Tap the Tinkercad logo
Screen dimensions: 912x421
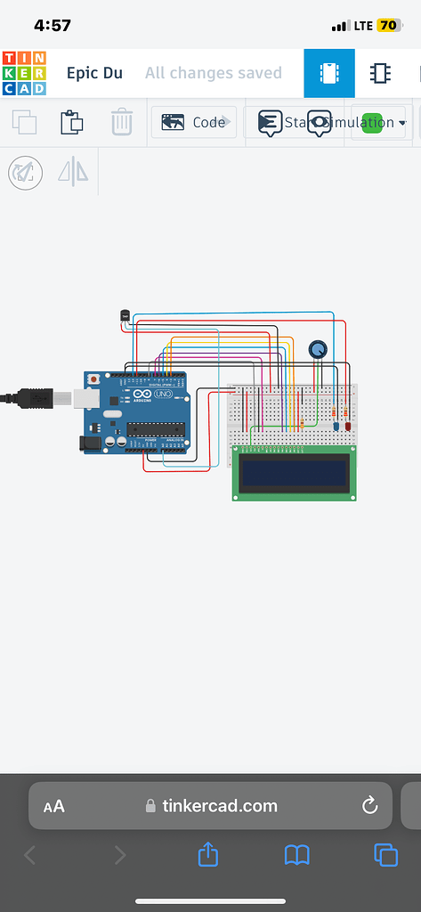point(24,73)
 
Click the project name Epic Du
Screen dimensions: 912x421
point(94,73)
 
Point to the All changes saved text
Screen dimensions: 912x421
point(213,73)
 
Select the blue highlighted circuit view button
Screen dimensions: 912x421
point(329,73)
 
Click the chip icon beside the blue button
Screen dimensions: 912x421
point(380,73)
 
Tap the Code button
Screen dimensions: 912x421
point(194,122)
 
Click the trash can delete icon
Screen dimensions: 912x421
point(122,122)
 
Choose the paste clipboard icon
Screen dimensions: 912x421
point(72,122)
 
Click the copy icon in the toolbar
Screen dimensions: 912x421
point(24,122)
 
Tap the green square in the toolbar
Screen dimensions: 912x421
point(371,122)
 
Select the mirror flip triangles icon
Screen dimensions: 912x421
point(73,171)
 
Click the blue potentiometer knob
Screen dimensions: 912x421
point(317,350)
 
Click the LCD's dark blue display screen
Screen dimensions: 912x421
point(296,472)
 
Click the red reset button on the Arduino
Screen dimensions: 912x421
point(93,379)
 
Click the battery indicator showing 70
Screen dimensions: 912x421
point(388,26)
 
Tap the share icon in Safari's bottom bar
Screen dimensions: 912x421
point(207,855)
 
